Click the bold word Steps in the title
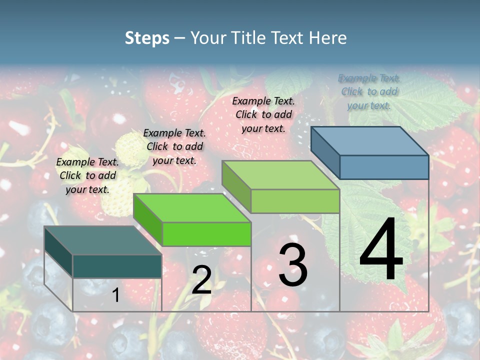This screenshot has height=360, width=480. (147, 38)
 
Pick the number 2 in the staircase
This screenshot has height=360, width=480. (201, 280)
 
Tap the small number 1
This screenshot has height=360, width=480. (115, 295)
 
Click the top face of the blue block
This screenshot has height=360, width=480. (370, 140)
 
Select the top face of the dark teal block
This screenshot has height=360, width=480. (103, 240)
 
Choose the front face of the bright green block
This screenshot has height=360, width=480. (206, 234)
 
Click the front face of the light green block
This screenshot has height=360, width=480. (295, 201)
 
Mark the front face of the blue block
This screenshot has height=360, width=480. (384, 167)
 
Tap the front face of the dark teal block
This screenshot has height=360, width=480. (117, 266)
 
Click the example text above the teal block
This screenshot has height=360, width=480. (87, 175)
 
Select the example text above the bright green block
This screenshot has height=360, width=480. (174, 146)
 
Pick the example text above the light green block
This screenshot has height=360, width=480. (263, 114)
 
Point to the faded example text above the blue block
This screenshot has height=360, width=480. (369, 91)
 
